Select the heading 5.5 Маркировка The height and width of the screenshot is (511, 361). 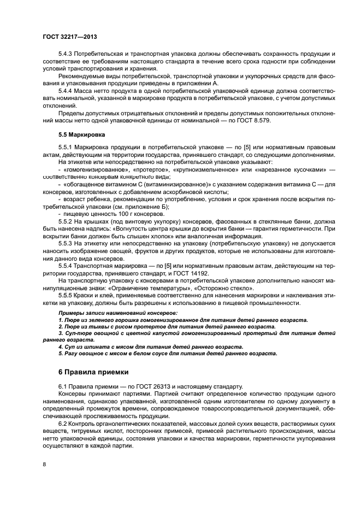pyautogui.click(x=83, y=133)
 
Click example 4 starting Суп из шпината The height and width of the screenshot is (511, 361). pyautogui.click(x=150, y=346)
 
